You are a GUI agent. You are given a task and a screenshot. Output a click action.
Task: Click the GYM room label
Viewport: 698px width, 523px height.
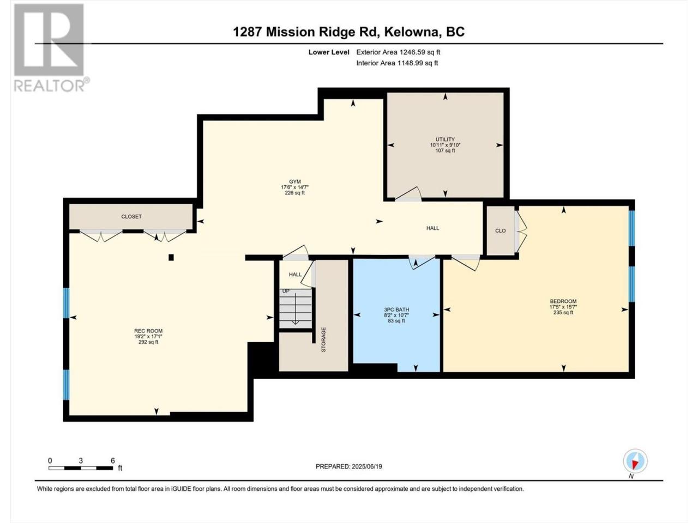click(x=295, y=181)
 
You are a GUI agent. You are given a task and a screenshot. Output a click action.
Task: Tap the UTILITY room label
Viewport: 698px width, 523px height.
click(x=445, y=139)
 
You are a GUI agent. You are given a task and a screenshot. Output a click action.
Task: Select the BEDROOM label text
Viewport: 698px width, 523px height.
click(x=563, y=301)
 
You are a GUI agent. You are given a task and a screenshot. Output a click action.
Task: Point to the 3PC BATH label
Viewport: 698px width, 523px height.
click(x=396, y=309)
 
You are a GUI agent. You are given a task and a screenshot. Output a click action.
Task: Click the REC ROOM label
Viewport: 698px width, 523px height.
click(x=148, y=331)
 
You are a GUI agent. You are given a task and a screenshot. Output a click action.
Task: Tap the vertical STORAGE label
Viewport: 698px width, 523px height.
click(x=323, y=339)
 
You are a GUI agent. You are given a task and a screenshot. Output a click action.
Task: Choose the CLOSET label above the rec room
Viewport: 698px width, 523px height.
click(x=131, y=216)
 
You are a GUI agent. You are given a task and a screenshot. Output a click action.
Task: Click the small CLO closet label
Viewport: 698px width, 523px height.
click(x=500, y=230)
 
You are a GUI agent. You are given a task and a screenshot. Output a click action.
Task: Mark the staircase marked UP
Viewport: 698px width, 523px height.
click(x=296, y=308)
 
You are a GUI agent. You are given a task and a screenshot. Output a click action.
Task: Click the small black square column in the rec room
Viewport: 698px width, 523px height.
click(x=171, y=257)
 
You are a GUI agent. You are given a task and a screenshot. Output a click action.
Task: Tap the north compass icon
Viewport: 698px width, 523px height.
click(x=635, y=461)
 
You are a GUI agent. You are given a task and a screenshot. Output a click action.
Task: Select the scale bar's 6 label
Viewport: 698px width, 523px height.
click(x=112, y=460)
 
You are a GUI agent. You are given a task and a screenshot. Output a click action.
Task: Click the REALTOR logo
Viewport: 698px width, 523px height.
click(x=51, y=47)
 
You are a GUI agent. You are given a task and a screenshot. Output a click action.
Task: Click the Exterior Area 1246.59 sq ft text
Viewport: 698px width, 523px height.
click(x=398, y=52)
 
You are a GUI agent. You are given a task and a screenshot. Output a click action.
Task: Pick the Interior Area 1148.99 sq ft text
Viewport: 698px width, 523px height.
click(x=397, y=63)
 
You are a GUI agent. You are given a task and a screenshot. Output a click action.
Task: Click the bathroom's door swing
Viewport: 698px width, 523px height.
click(x=422, y=262)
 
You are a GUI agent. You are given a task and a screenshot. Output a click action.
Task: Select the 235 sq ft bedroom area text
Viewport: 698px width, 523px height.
click(x=563, y=313)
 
